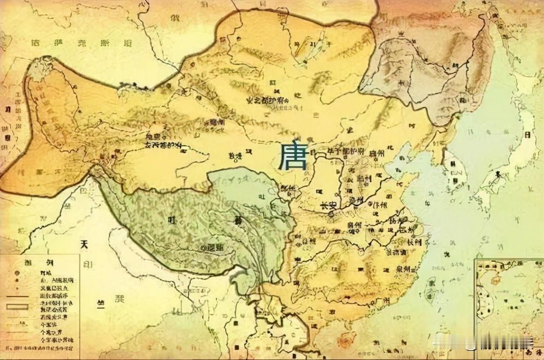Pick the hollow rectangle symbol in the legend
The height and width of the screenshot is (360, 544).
(x=17, y=307)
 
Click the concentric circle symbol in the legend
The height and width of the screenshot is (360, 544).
(x=17, y=271)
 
